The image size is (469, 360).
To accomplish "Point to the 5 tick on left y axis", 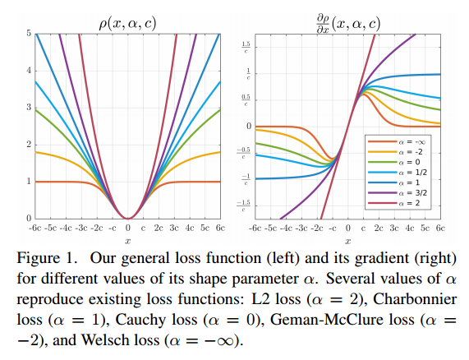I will pyautogui.click(x=27, y=34).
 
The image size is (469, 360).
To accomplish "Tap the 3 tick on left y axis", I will pyautogui.click(x=27, y=108).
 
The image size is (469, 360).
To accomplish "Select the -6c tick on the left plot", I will pyautogui.click(x=36, y=228).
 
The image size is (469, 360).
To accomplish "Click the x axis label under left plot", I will pyautogui.click(x=127, y=240).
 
